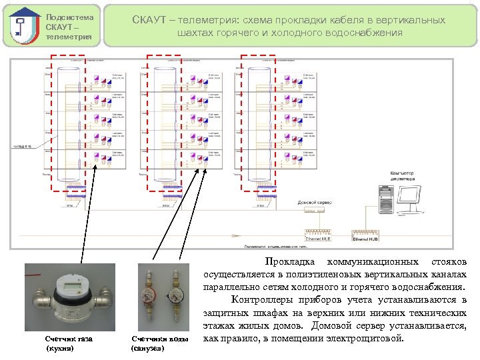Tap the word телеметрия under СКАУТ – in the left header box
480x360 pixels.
point(69,37)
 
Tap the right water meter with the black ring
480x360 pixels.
point(176,296)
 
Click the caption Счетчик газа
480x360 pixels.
point(69,339)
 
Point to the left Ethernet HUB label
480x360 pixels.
point(317,237)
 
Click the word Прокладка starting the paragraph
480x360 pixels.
point(287,261)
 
